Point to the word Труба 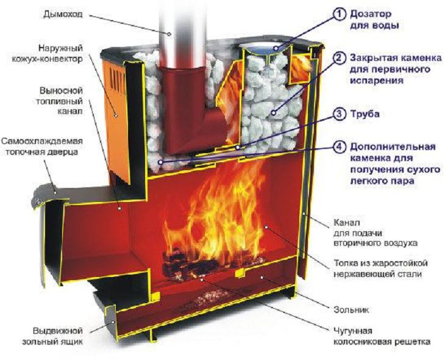(x=363, y=114)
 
